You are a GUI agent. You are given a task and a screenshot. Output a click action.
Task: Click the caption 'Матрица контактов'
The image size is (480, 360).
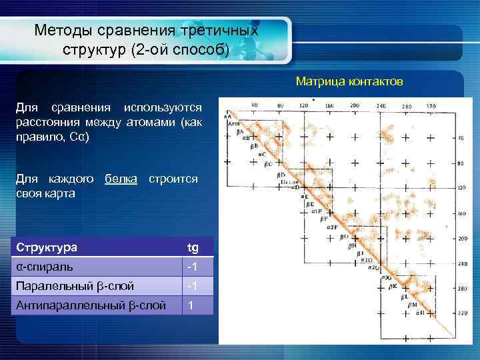pyautogui.click(x=349, y=82)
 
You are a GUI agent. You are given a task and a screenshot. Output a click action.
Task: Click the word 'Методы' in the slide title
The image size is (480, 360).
pyautogui.click(x=63, y=31)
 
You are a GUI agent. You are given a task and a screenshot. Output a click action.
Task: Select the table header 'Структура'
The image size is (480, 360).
pyautogui.click(x=47, y=248)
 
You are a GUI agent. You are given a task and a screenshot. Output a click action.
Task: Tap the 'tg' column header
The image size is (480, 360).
pyautogui.click(x=193, y=248)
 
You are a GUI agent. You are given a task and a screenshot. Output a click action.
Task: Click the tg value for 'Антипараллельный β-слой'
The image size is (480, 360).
pyautogui.click(x=191, y=305)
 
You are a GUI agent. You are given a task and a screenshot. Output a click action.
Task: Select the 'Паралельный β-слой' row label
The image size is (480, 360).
pyautogui.click(x=74, y=286)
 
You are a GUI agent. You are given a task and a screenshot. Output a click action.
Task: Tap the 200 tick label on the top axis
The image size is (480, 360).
pyautogui.click(x=354, y=105)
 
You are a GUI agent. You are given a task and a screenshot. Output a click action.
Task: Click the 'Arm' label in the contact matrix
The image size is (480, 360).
pyautogui.click(x=233, y=124)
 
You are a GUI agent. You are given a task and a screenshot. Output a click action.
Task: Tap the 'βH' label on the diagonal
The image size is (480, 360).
pyautogui.click(x=351, y=245)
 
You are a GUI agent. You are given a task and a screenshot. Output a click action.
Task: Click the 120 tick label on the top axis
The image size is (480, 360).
pyautogui.click(x=304, y=105)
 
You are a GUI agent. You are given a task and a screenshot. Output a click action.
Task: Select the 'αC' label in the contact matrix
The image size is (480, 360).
pyautogui.click(x=262, y=154)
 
